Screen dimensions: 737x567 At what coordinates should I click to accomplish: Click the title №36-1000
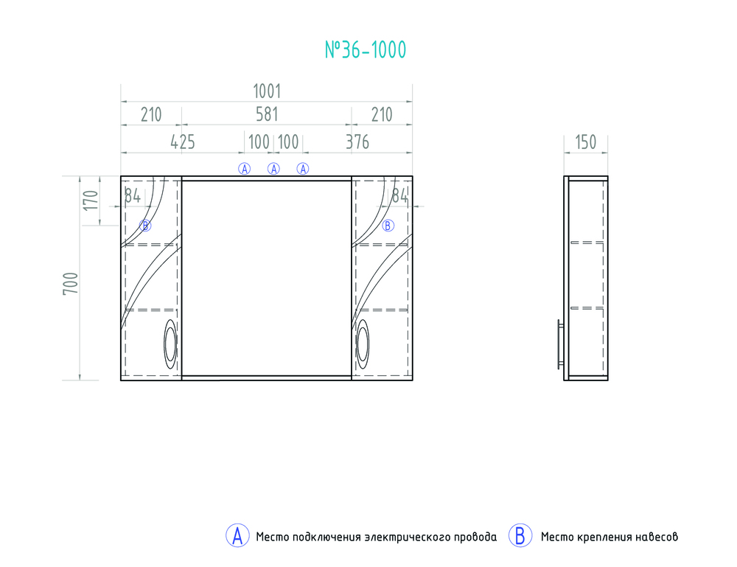point(366,50)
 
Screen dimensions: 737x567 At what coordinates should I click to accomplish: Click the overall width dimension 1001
point(267,91)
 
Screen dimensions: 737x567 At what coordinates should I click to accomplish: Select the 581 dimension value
point(267,115)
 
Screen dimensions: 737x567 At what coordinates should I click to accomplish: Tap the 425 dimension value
point(182,142)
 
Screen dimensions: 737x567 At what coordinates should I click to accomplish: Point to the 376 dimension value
point(357,142)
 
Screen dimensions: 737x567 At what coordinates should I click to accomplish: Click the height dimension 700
point(71,283)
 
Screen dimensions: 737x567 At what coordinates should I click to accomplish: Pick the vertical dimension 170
point(91,201)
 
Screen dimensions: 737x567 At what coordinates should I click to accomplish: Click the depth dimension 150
point(586,142)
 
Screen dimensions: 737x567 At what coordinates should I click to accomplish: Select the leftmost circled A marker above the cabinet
point(245,169)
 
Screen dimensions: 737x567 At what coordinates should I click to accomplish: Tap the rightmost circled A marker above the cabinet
point(303,169)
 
